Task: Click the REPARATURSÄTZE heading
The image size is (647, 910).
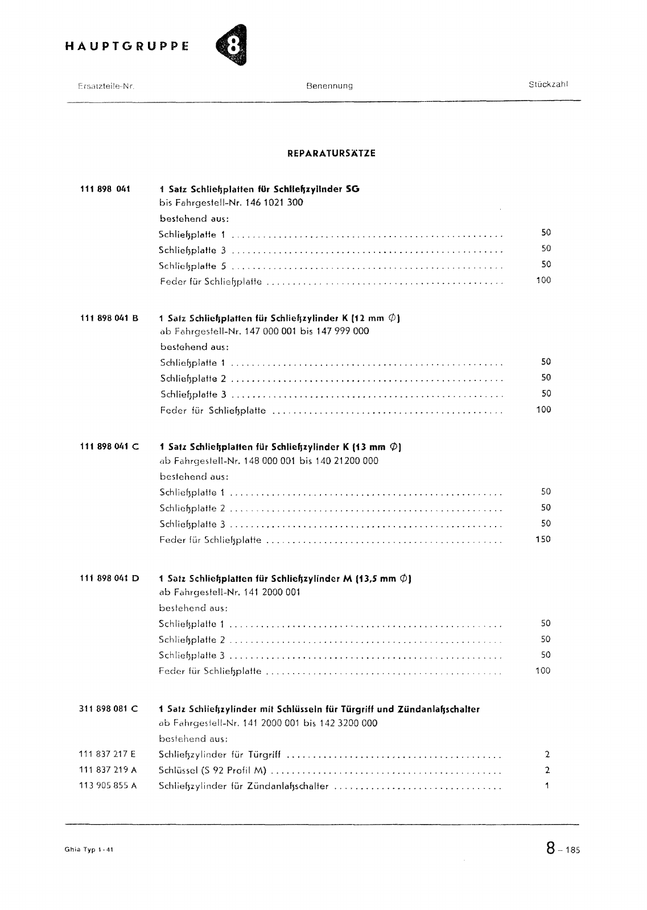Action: pyautogui.click(x=331, y=154)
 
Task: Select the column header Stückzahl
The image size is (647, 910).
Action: pyautogui.click(x=548, y=85)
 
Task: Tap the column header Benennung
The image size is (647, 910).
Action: pyautogui.click(x=329, y=86)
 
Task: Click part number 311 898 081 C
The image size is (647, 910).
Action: pyautogui.click(x=108, y=709)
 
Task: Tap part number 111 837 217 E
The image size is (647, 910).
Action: pyautogui.click(x=108, y=755)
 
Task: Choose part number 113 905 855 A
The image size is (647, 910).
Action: pyautogui.click(x=108, y=786)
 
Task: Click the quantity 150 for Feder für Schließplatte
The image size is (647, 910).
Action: pyautogui.click(x=543, y=539)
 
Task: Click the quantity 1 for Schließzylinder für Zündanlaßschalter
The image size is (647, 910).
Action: pyautogui.click(x=547, y=786)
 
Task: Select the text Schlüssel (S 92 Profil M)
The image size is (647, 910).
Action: pyautogui.click(x=213, y=771)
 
